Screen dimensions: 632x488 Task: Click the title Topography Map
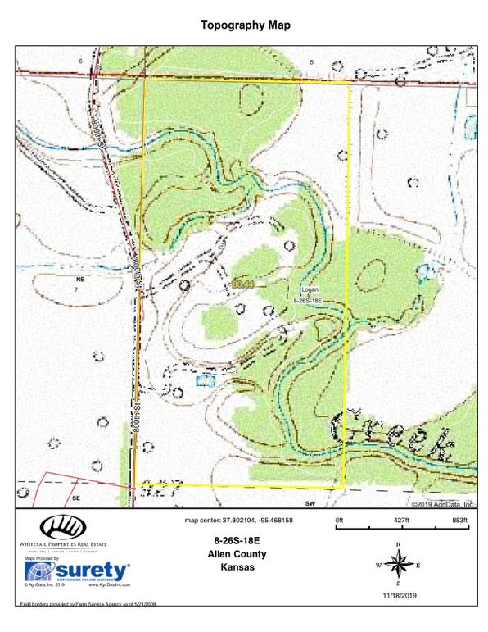click(x=246, y=25)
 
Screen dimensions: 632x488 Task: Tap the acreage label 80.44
click(x=243, y=284)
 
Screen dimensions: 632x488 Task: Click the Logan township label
click(x=310, y=290)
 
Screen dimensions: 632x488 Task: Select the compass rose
click(x=398, y=565)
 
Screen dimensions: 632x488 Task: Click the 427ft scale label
click(x=400, y=521)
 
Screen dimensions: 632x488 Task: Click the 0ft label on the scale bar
click(x=340, y=521)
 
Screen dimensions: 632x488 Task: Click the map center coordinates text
click(x=240, y=521)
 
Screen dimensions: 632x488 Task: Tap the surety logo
click(x=77, y=571)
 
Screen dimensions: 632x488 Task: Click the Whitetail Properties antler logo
click(x=57, y=527)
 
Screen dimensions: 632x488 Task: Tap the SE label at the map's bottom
click(x=76, y=498)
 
